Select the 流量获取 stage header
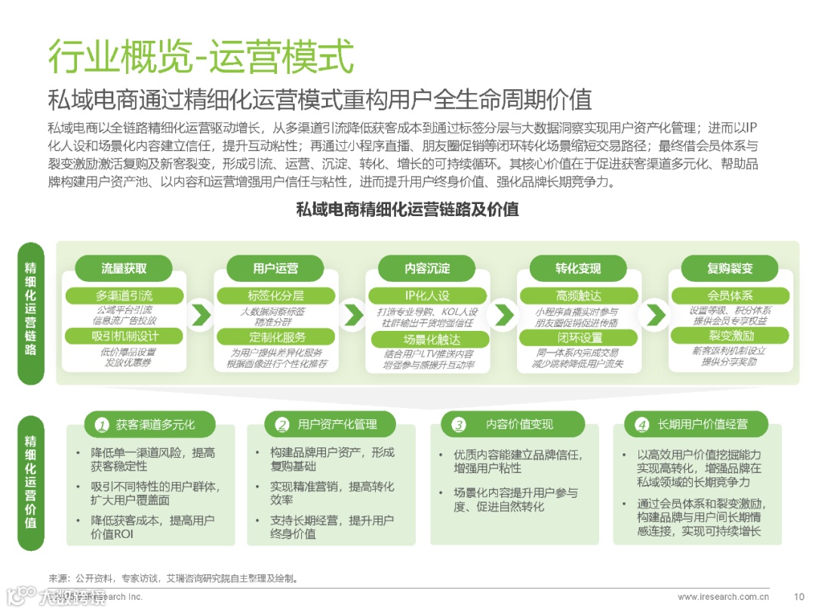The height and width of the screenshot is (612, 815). coord(124,268)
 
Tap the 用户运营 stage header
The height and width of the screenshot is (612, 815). coord(275,268)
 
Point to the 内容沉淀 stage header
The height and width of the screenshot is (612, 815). coord(426,268)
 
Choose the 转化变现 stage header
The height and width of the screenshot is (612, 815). coord(578,268)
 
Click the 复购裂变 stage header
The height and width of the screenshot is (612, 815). coord(730,268)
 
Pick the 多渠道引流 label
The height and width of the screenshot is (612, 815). coord(124,295)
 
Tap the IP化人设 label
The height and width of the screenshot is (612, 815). coord(427,295)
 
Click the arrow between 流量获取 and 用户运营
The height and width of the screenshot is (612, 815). coord(200,314)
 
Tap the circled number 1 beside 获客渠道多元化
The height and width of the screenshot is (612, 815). coord(101,425)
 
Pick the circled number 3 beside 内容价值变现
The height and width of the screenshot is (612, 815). coord(458,425)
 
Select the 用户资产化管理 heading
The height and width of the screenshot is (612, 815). coord(337,425)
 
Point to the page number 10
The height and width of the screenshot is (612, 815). coord(799,597)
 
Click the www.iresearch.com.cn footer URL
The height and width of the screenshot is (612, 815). coord(723,597)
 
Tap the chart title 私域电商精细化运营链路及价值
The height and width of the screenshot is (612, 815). coord(407,209)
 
